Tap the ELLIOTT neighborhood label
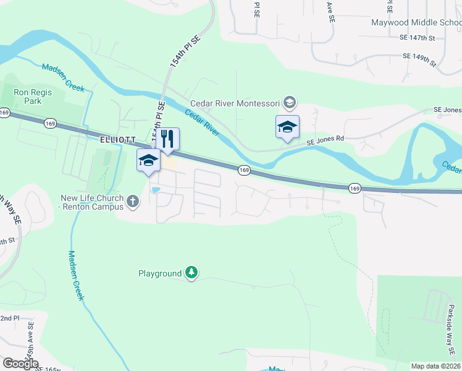[117, 140]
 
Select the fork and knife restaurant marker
[167, 139]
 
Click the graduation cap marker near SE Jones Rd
[287, 127]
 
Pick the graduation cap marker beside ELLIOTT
[148, 161]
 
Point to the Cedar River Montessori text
[235, 103]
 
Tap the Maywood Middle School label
[416, 23]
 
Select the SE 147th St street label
[418, 38]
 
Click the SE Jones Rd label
[325, 140]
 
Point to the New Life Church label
[92, 202]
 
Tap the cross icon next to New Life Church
[133, 201]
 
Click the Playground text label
[160, 273]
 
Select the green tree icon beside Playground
[192, 273]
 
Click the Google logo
[20, 364]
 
